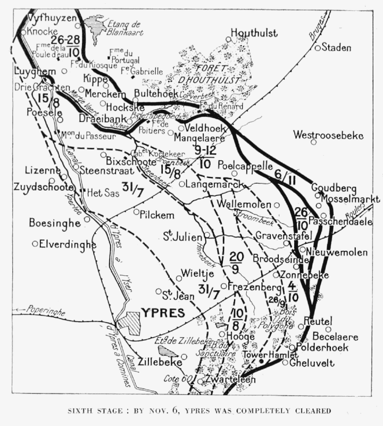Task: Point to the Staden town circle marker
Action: tap(318, 48)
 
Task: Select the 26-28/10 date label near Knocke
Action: tap(67, 46)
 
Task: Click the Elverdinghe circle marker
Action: tap(35, 244)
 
